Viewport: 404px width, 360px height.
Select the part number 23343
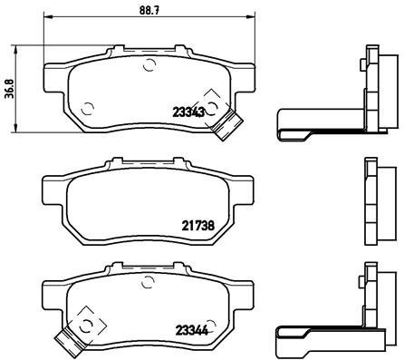click(188, 112)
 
